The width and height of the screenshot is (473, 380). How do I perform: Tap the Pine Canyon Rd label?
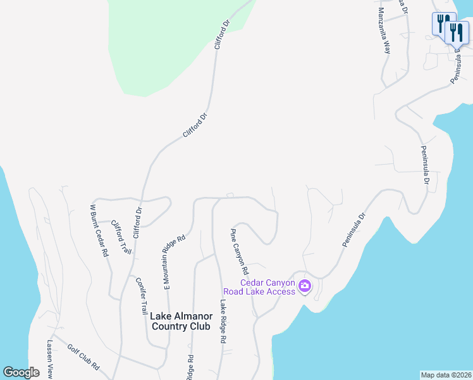[x=240, y=248]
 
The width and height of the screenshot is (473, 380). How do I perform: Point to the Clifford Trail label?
[x=121, y=237]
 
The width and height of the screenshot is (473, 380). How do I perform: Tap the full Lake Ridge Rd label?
[x=223, y=321]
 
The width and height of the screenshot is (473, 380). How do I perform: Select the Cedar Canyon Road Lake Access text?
[x=267, y=287]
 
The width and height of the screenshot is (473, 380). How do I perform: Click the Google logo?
[x=21, y=372]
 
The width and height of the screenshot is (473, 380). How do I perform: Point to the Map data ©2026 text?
[x=446, y=375]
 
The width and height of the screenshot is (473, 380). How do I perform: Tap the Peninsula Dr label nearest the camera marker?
[x=355, y=229]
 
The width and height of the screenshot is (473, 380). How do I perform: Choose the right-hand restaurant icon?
[x=456, y=32]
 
